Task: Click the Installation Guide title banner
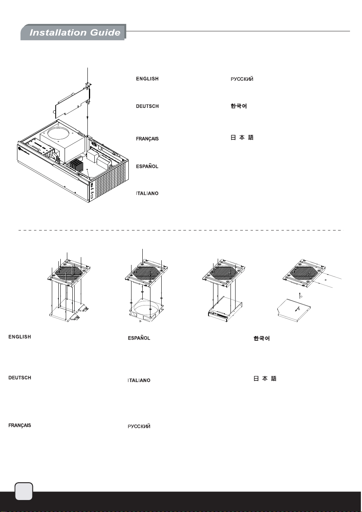click(x=73, y=32)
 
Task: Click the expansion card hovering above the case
click(x=73, y=101)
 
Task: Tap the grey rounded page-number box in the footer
click(x=24, y=491)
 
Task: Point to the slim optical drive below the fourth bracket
click(x=294, y=310)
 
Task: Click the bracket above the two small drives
click(x=69, y=273)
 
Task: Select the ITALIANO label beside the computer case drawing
click(x=147, y=193)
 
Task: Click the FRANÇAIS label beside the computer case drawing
click(x=147, y=139)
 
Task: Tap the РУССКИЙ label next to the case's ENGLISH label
click(x=242, y=79)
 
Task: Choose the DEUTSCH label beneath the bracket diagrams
click(x=20, y=377)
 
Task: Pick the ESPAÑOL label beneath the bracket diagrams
click(x=139, y=338)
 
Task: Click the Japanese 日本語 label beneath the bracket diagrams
click(x=265, y=379)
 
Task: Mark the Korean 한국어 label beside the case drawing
click(x=239, y=106)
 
